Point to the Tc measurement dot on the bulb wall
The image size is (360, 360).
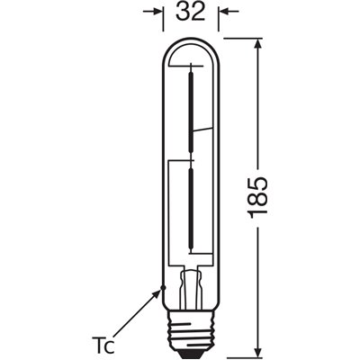click(162, 288)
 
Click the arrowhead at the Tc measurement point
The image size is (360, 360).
click(158, 292)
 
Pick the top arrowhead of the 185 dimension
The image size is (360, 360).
click(259, 44)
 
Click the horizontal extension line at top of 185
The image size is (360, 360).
click(238, 38)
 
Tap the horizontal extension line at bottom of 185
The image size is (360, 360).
click(238, 353)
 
